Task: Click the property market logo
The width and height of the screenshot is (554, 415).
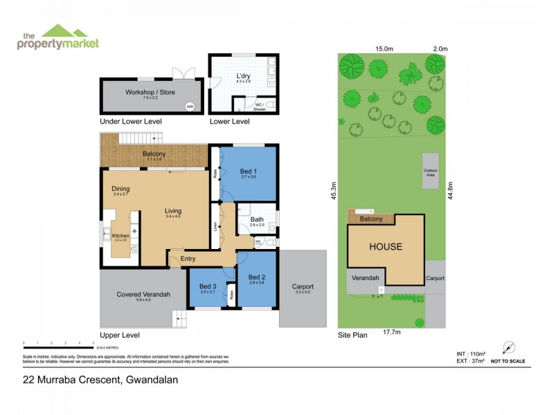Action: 59,37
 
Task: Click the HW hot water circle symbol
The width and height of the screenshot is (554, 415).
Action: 189,107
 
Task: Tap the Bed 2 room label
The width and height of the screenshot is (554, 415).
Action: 257,277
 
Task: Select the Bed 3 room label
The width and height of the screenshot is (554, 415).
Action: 208,286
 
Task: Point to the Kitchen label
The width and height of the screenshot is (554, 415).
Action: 120,235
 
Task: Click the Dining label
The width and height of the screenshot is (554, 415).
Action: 120,188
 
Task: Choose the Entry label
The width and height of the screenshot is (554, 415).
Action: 188,259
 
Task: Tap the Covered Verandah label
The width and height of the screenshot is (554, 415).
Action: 143,294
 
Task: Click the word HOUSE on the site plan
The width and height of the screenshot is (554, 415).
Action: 385,246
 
